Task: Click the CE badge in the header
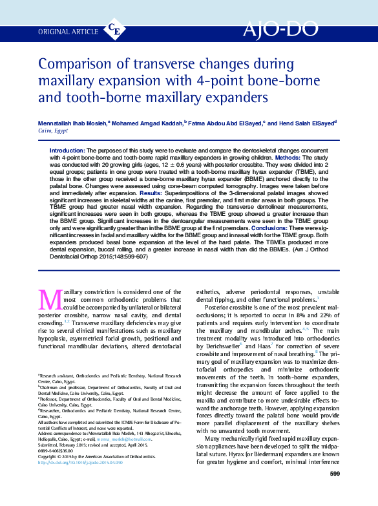tap(114, 29)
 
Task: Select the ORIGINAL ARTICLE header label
tap(68, 30)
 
